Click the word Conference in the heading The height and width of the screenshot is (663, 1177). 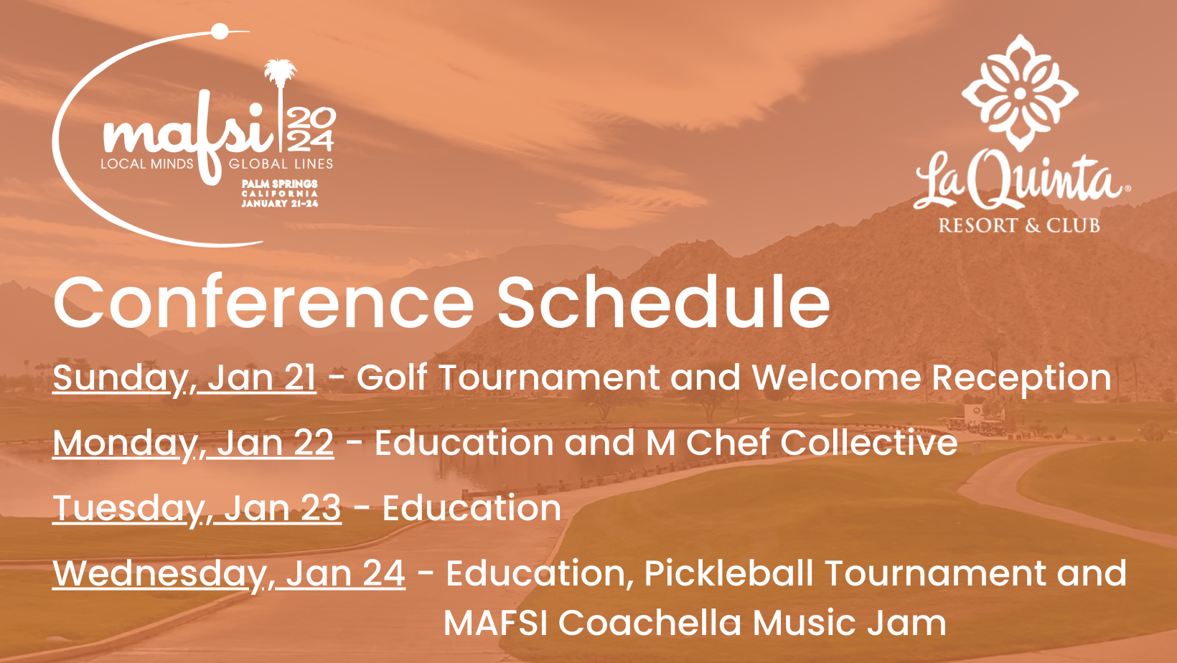[x=263, y=303]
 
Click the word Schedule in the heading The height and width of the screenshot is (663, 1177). [x=664, y=303]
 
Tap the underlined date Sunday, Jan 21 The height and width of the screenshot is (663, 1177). [x=184, y=377]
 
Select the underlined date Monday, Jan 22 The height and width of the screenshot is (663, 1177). [x=193, y=443]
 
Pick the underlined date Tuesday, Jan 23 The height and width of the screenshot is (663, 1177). [x=197, y=508]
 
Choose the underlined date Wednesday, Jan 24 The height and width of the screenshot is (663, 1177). [x=229, y=573]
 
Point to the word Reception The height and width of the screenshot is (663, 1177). [x=1021, y=379]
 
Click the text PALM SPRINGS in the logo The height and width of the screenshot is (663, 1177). [x=280, y=184]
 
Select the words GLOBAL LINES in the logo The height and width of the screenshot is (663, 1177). [x=281, y=164]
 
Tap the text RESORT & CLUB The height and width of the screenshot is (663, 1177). [x=1019, y=225]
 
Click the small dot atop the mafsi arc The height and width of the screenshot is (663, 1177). [x=220, y=31]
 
